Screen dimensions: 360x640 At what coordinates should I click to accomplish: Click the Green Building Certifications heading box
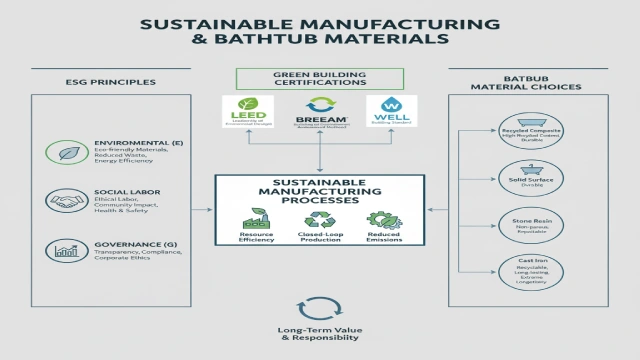pos(319,78)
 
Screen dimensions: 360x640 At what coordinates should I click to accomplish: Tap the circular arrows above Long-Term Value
pos(319,308)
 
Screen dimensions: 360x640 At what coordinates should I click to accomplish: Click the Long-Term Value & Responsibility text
pos(319,335)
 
